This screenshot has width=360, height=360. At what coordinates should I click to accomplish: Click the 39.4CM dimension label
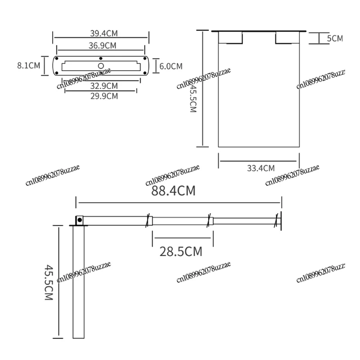pos(103,33)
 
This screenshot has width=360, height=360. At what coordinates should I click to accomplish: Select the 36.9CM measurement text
pos(102,45)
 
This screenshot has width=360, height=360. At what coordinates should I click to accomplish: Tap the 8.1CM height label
pos(28,66)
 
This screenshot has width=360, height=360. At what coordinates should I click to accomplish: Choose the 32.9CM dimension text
pos(104,85)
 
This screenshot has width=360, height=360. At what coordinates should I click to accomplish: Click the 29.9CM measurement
pos(104,95)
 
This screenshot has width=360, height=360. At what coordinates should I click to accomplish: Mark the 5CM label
pos(334,39)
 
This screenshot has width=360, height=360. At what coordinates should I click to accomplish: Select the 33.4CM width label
pos(261,168)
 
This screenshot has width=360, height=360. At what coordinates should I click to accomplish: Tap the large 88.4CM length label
pos(173,191)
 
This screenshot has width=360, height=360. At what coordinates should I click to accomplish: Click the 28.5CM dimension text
pos(181,251)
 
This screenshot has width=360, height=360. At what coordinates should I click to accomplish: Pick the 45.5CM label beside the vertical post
pos(49,282)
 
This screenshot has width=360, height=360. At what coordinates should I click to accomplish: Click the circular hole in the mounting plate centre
pos(101,66)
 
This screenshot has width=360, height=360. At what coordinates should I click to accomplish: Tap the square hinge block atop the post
pos(79,220)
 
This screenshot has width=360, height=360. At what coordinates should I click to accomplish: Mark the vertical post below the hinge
pos(79,281)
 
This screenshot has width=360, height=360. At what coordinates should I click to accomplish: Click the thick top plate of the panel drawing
pos(259,31)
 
